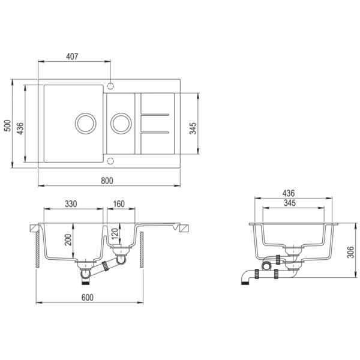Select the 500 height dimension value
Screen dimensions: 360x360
(7, 125)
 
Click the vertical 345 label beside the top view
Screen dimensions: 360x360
(193, 128)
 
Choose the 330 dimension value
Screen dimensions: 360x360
(71, 204)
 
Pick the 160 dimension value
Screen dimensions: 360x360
(118, 204)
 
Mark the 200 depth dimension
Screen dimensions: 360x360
(68, 240)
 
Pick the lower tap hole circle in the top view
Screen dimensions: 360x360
(110, 161)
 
